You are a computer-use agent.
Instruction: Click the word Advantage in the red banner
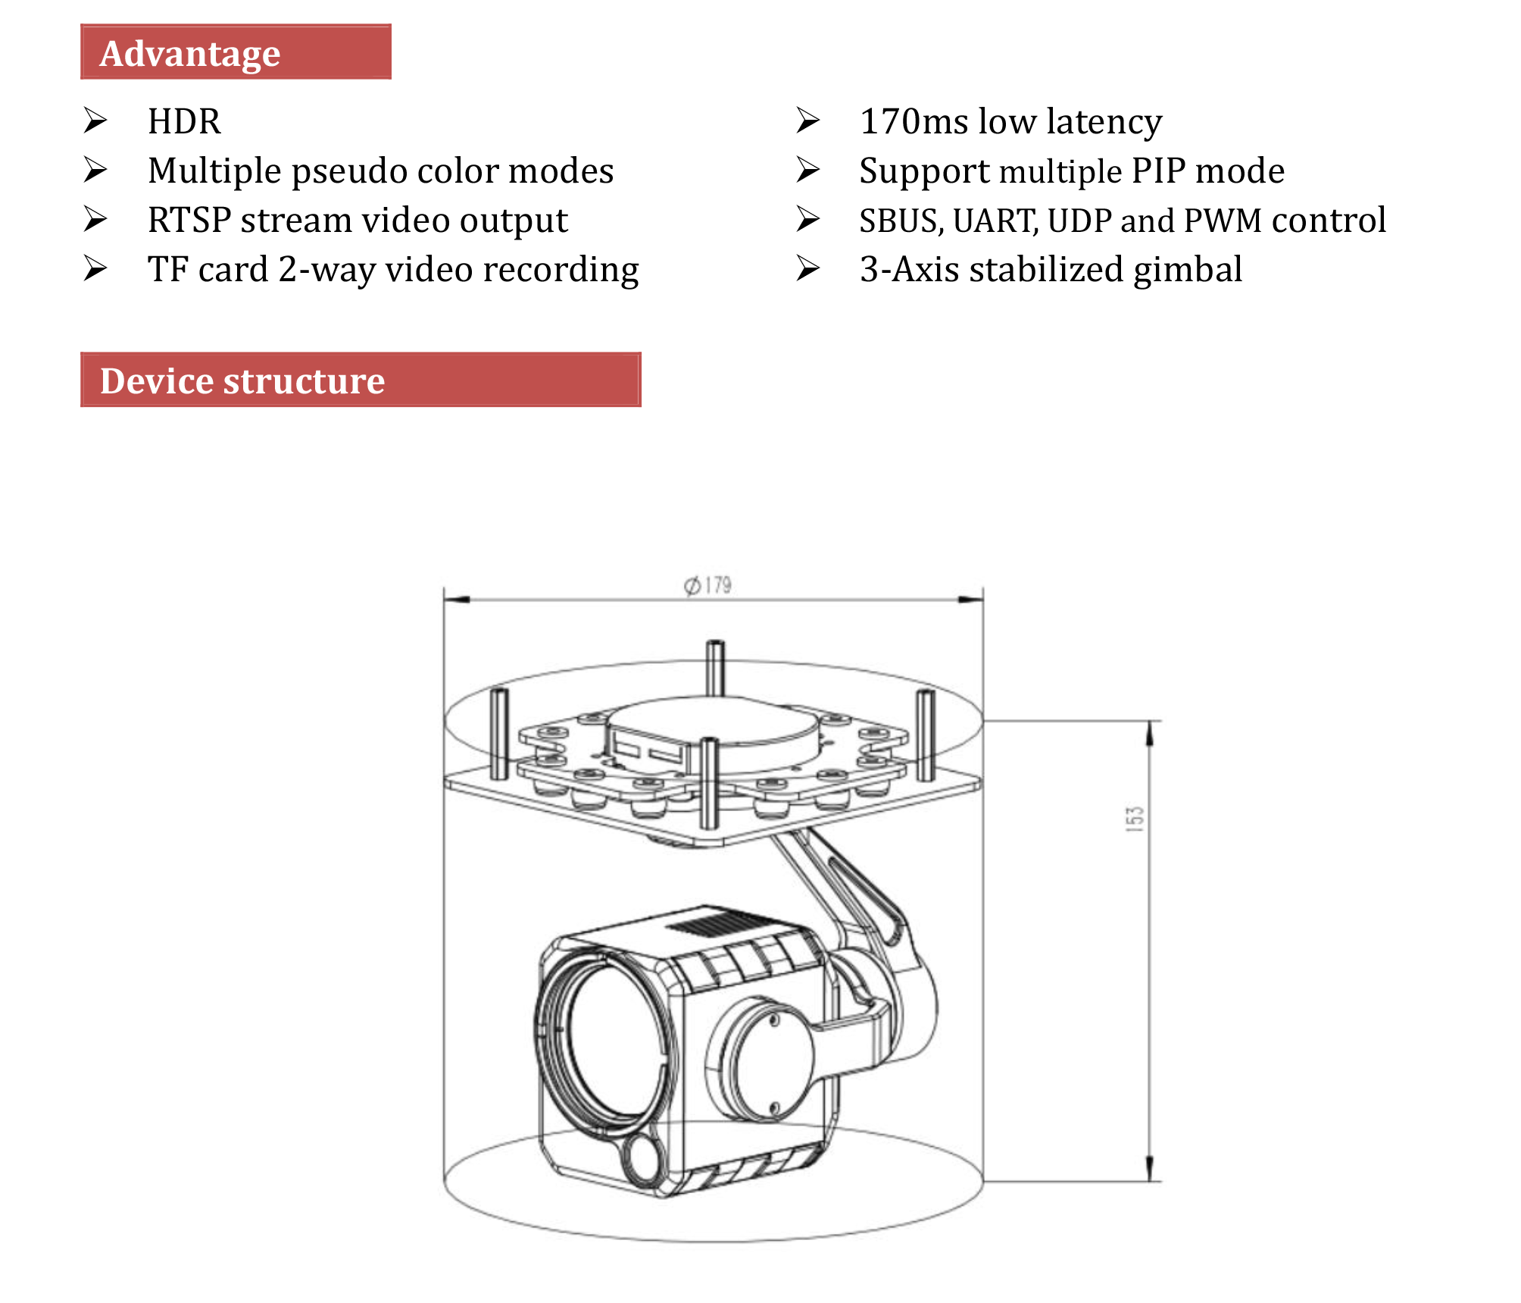coord(189,54)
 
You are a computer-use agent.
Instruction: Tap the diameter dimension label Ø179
coord(707,586)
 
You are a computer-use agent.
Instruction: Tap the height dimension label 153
coord(1134,819)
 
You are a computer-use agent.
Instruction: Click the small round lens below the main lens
coord(642,1158)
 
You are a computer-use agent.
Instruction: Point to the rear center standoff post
coord(715,667)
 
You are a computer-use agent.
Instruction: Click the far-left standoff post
coord(498,733)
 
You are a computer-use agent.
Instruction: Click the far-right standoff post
coord(925,734)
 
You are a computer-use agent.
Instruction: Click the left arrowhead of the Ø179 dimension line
coord(454,600)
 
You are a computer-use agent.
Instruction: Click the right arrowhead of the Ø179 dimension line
coord(972,600)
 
